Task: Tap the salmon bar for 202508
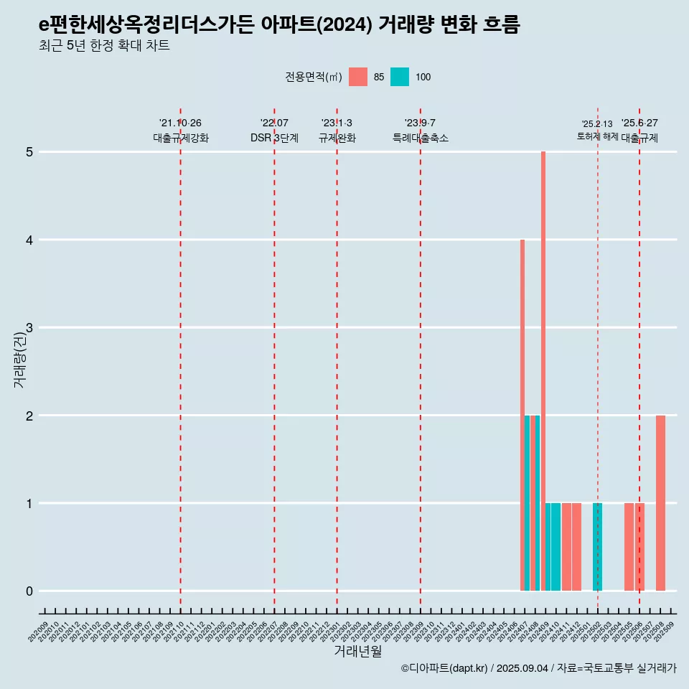click(x=660, y=502)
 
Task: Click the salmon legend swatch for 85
click(x=358, y=77)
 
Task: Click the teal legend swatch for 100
click(x=400, y=77)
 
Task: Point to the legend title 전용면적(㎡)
click(x=314, y=77)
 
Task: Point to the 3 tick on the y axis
click(x=29, y=328)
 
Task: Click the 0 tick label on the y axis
click(x=29, y=591)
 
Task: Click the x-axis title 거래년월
click(x=357, y=651)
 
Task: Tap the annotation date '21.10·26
click(x=180, y=123)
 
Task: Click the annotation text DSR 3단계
click(x=274, y=138)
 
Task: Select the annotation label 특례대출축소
click(x=421, y=138)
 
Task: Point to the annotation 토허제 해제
click(x=597, y=136)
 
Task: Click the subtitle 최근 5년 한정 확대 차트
click(x=104, y=46)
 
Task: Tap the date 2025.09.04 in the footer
click(x=522, y=668)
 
